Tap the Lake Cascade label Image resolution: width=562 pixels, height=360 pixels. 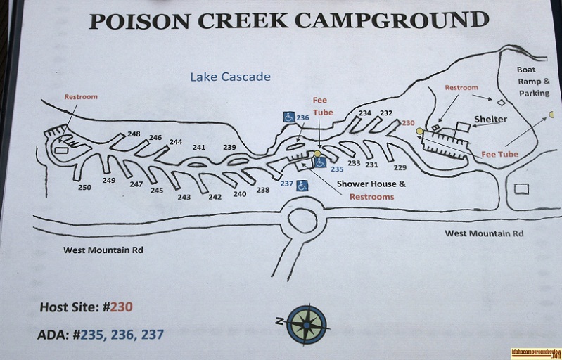tap(230, 77)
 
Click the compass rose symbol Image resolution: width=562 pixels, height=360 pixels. tap(306, 324)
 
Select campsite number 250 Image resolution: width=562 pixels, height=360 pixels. tap(84, 188)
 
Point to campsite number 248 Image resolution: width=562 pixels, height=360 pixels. tap(134, 134)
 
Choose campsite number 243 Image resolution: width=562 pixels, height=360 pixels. tap(184, 197)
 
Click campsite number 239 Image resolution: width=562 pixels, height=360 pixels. tap(229, 147)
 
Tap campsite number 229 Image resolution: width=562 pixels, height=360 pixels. tap(400, 167)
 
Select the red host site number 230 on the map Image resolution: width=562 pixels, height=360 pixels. tap(408, 122)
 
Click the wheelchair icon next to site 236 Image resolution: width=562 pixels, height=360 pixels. tap(288, 117)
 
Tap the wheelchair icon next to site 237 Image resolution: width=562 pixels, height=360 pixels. tap(302, 186)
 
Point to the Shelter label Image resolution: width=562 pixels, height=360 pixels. tap(490, 120)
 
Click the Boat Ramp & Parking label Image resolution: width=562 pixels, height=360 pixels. tap(534, 81)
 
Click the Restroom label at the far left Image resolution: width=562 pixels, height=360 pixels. tap(81, 96)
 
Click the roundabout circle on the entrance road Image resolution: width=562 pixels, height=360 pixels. tap(302, 220)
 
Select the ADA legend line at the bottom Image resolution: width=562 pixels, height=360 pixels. tap(100, 335)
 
